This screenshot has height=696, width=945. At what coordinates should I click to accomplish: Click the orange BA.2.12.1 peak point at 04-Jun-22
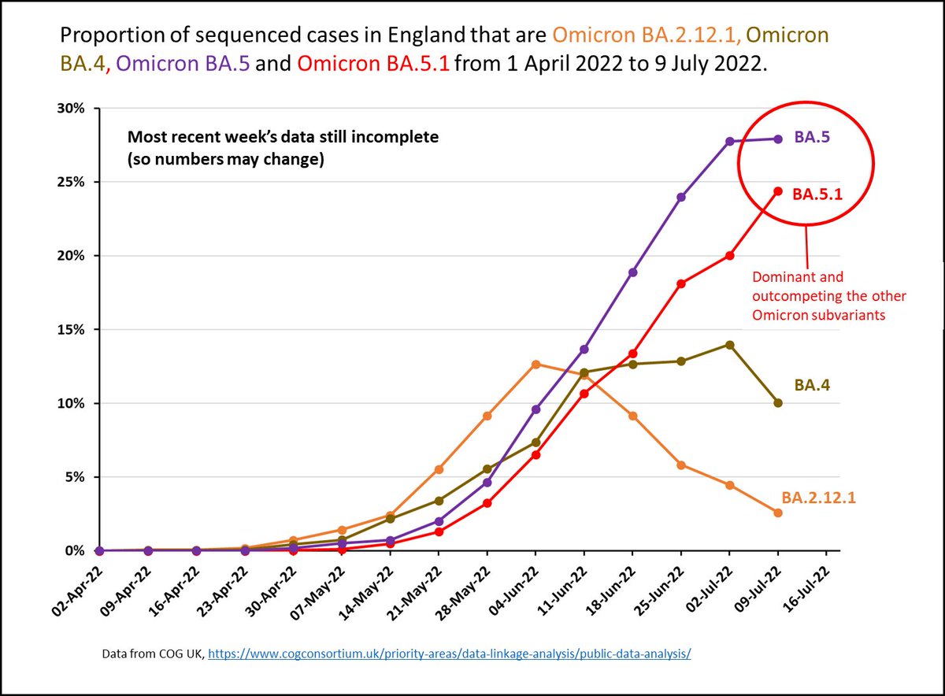pyautogui.click(x=535, y=364)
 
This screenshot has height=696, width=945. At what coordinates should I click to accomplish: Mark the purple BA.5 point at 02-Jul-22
pyautogui.click(x=730, y=141)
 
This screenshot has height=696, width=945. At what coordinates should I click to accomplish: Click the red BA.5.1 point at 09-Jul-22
pyautogui.click(x=778, y=191)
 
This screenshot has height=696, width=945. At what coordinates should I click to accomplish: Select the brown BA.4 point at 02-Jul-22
pyautogui.click(x=730, y=344)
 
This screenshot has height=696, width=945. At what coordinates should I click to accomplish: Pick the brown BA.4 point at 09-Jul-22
pyautogui.click(x=778, y=403)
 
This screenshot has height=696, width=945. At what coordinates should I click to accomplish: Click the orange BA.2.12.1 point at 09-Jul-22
pyautogui.click(x=778, y=513)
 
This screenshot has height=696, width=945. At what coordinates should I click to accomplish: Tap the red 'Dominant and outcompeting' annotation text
pyautogui.click(x=829, y=296)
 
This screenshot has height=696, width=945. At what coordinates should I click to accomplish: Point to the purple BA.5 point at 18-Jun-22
pyautogui.click(x=632, y=272)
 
